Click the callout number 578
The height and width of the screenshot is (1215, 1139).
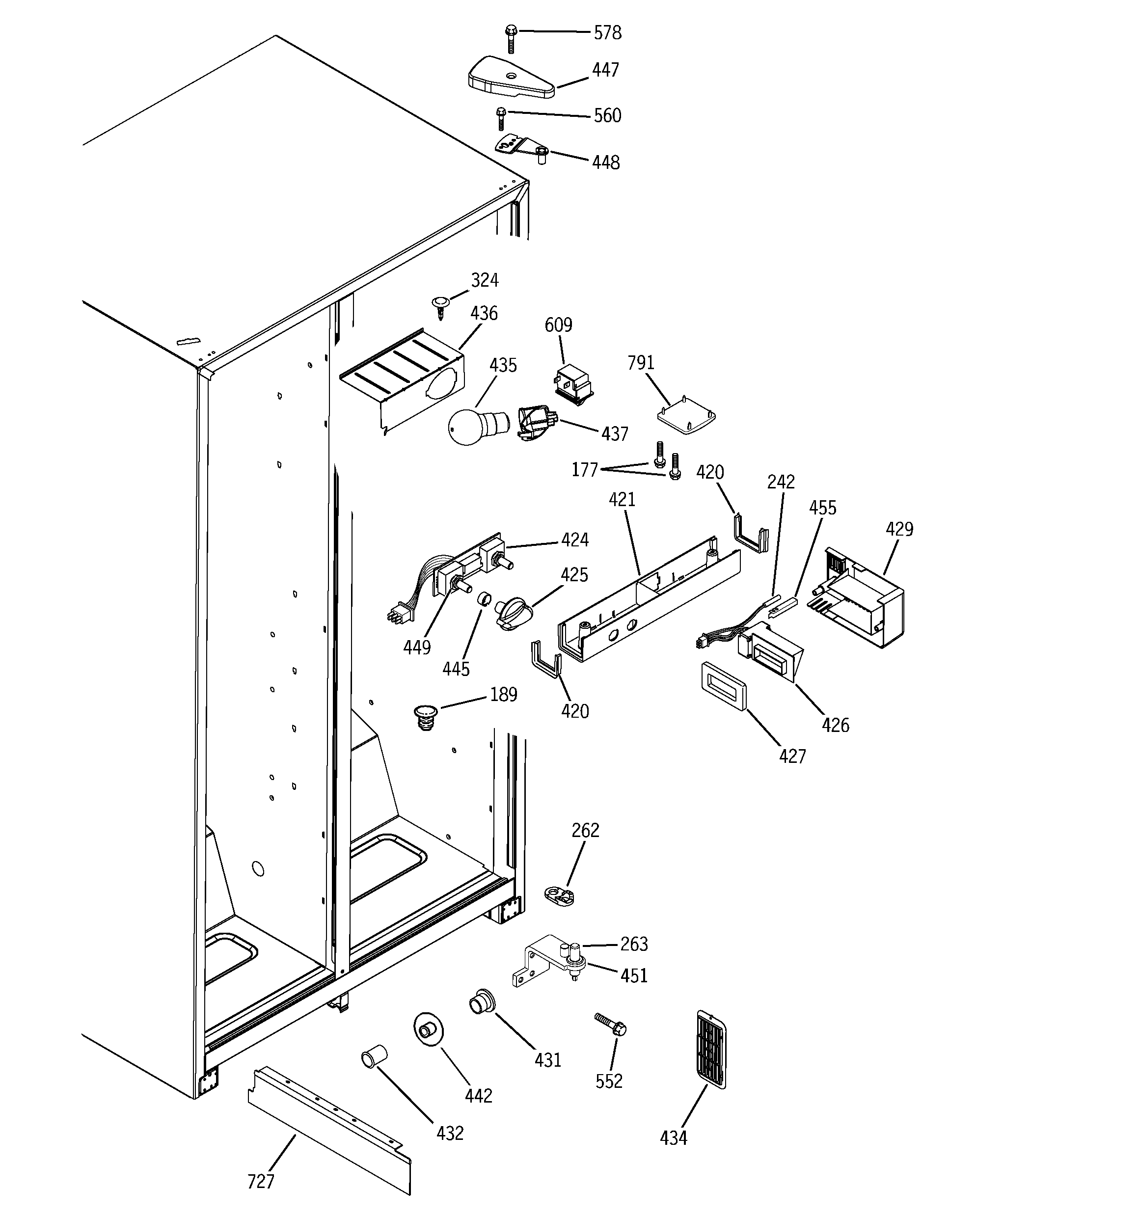click(x=607, y=32)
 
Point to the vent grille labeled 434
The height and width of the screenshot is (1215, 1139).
click(x=711, y=1050)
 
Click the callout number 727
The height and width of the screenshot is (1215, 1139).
click(x=260, y=1182)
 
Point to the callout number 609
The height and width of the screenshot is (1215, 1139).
click(x=558, y=324)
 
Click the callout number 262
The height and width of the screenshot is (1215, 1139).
click(x=585, y=830)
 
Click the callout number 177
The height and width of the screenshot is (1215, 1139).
click(x=585, y=469)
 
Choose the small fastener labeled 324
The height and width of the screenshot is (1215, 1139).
click(x=440, y=305)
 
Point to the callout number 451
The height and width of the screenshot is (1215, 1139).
click(x=633, y=976)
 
